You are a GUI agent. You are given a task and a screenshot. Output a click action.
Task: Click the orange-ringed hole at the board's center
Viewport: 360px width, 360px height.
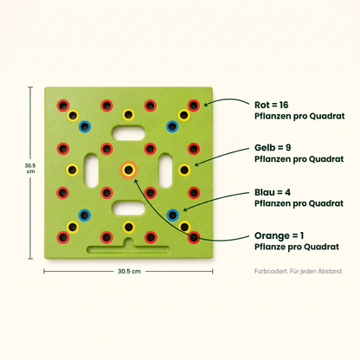tap(128, 170)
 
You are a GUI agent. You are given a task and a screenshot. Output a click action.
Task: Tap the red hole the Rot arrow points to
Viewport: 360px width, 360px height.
tap(194, 106)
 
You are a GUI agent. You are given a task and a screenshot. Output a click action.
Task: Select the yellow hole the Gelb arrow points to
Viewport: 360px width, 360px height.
tap(184, 170)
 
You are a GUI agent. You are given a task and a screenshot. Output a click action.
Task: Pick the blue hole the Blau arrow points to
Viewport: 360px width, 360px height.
tap(172, 215)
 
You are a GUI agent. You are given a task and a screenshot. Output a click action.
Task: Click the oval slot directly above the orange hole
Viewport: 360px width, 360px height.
tap(129, 133)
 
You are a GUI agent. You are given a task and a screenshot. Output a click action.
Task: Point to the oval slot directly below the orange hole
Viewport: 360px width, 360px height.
tap(129, 208)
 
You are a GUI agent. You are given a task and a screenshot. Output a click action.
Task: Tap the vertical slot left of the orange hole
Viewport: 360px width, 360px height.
tap(92, 170)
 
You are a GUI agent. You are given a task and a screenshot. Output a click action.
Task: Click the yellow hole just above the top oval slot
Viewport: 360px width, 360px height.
tap(129, 115)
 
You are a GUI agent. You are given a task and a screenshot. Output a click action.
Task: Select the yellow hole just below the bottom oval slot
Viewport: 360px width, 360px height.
tap(129, 227)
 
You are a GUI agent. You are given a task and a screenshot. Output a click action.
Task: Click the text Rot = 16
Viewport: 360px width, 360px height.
tap(271, 105)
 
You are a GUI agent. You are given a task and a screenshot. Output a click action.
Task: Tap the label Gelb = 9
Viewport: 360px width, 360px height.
tap(273, 147)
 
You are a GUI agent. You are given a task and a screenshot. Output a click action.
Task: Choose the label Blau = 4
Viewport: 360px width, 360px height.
tap(273, 192)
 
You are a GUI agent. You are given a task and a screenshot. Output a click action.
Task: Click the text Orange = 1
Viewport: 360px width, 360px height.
tap(279, 235)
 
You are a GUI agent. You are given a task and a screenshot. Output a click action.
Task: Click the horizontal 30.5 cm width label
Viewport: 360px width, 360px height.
tap(129, 271)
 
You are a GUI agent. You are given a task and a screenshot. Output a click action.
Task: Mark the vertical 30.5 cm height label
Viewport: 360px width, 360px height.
tap(30, 169)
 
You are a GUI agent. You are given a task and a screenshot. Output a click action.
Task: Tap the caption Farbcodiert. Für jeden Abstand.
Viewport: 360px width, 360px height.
tap(299, 271)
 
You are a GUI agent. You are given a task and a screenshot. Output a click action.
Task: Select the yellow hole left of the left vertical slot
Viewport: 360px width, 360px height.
tap(73, 170)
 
